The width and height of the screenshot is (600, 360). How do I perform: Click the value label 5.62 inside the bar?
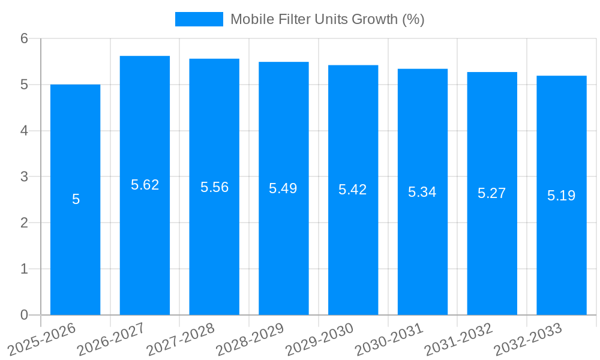145,185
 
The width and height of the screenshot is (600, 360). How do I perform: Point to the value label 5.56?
214,187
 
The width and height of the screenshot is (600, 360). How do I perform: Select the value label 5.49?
283,188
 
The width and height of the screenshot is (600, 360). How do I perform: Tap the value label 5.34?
422,192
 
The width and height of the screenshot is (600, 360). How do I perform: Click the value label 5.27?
491,193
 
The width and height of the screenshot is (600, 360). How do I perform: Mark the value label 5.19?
561,195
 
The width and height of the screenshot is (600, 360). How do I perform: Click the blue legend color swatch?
199,19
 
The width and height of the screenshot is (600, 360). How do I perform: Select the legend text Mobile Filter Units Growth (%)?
328,19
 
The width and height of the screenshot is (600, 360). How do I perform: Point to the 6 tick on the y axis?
25,38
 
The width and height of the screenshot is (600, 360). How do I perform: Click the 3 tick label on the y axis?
25,177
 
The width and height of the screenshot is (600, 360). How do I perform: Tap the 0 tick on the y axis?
25,315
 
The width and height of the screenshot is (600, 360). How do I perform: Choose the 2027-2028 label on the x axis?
179,340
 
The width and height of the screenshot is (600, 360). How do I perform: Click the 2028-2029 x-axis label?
249,340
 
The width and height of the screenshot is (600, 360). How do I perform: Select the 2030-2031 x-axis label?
388,340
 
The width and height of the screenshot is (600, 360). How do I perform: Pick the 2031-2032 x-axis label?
457,340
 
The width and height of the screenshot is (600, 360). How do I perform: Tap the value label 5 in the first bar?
76,199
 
